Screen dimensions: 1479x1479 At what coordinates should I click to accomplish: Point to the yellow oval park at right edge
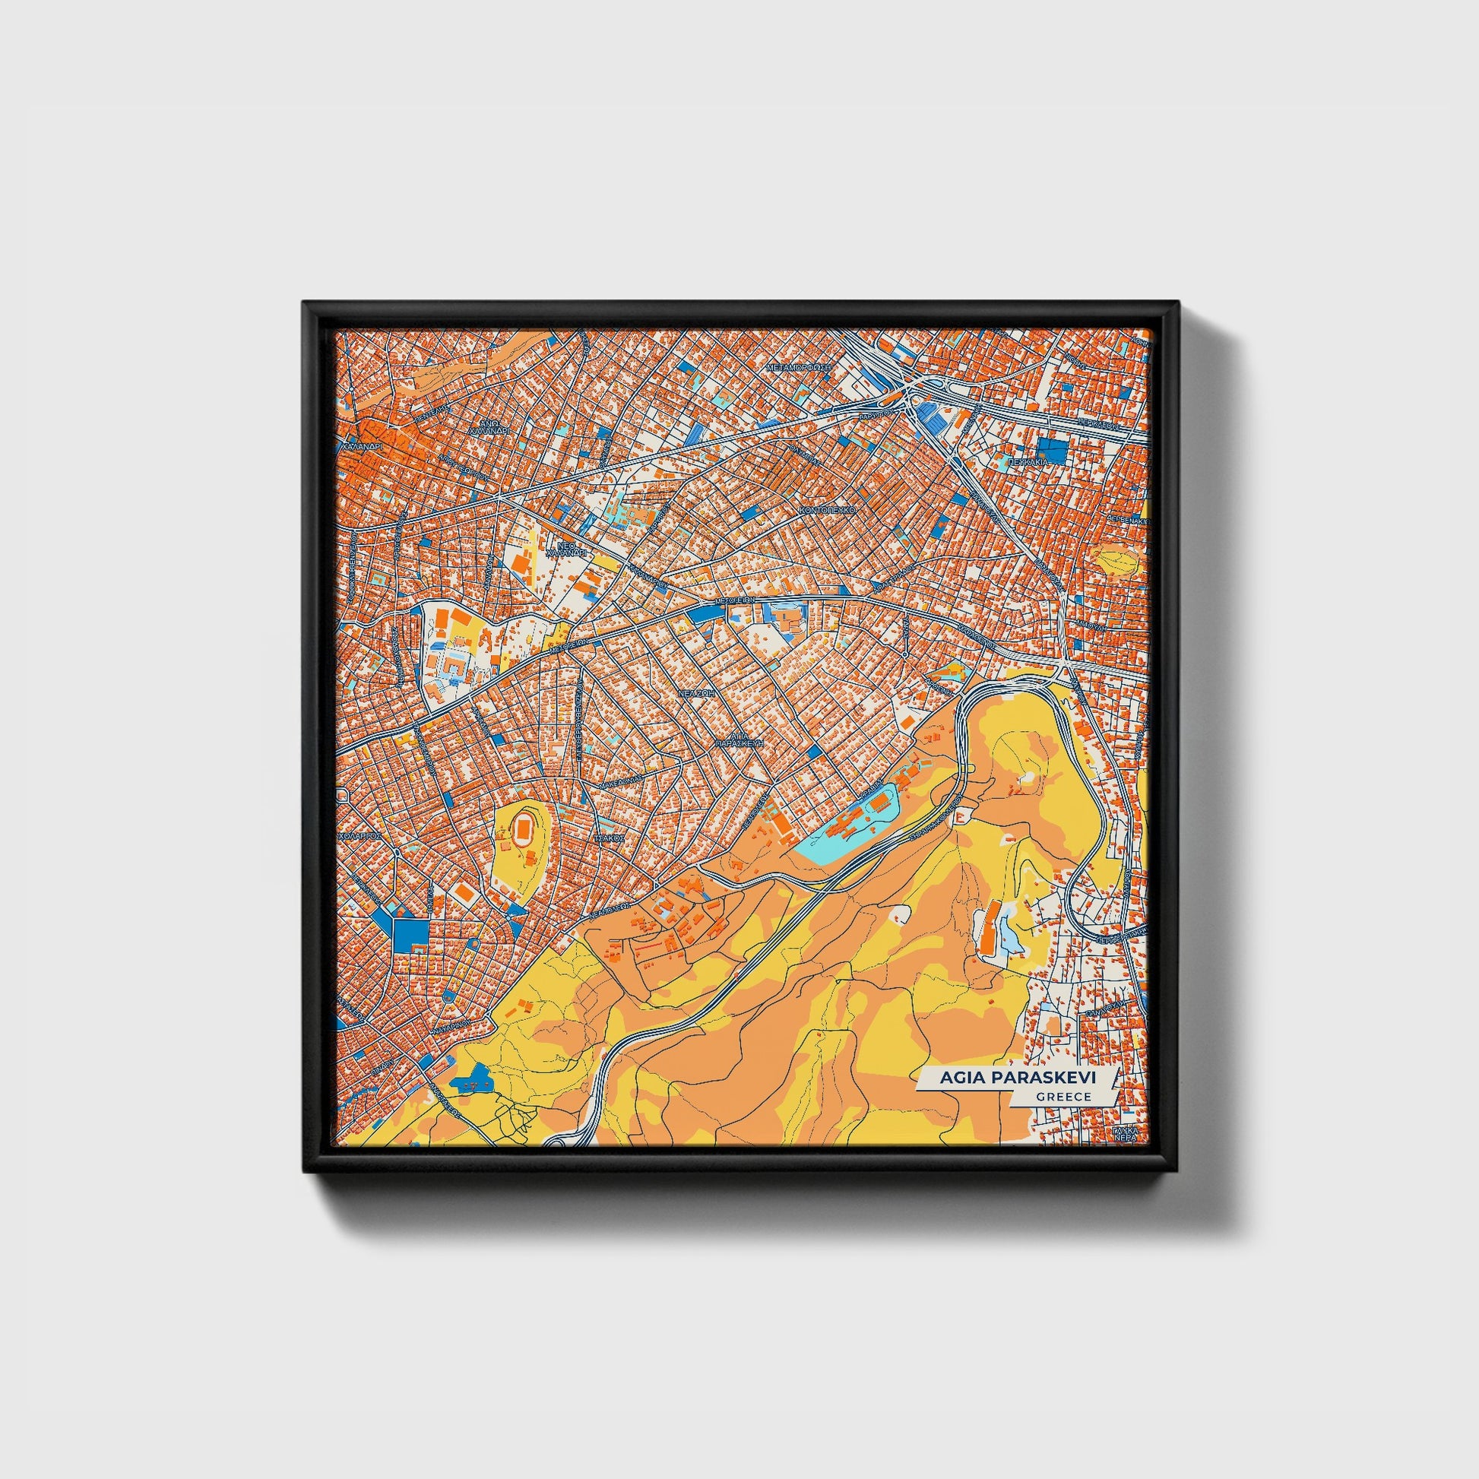(x=1116, y=559)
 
